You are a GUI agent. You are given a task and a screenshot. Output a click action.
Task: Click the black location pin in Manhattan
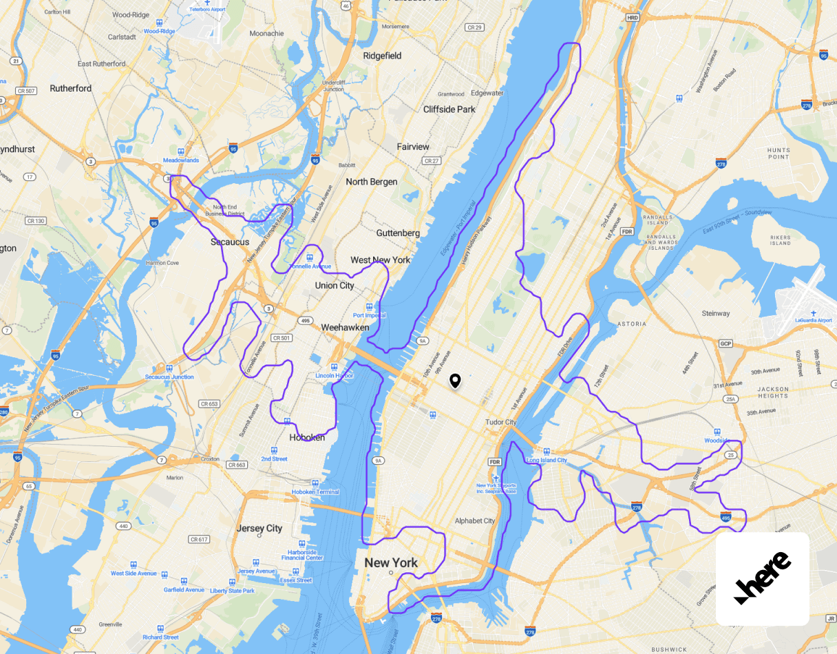tap(454, 381)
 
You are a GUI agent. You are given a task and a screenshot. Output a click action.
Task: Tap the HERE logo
tap(762, 578)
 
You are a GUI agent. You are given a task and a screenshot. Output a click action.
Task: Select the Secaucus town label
tap(230, 242)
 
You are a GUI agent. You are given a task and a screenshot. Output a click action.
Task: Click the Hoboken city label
tap(307, 437)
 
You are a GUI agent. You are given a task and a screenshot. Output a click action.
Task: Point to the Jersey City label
tap(259, 529)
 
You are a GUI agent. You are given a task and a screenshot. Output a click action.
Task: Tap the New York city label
tap(391, 563)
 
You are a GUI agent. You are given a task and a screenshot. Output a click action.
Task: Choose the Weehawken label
tap(345, 328)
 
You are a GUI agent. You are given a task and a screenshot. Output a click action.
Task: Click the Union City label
tap(335, 286)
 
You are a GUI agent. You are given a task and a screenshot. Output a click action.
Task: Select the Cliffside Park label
tap(449, 109)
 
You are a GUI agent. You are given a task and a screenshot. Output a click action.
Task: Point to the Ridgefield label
tap(382, 56)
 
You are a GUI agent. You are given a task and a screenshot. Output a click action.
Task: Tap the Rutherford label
tap(71, 88)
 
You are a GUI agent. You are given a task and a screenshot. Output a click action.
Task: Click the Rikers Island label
tap(781, 240)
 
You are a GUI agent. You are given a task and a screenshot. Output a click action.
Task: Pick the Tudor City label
tap(501, 422)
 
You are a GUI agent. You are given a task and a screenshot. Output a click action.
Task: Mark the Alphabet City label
tap(475, 521)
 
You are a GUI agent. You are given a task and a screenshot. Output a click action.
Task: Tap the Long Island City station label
tap(547, 460)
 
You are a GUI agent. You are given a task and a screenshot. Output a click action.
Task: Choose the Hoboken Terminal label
tap(315, 492)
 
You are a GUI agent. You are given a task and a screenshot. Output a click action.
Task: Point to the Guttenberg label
tap(398, 233)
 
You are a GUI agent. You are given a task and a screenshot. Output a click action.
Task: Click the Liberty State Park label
tap(232, 591)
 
